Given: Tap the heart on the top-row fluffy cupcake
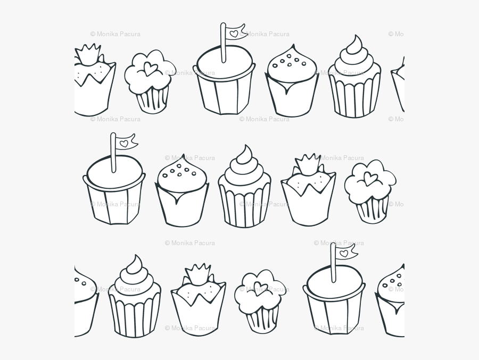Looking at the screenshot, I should [x=151, y=69].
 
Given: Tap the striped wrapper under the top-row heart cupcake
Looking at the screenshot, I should [x=152, y=98].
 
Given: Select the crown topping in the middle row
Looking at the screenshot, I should [x=307, y=165].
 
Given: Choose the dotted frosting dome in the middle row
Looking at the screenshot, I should [x=181, y=173].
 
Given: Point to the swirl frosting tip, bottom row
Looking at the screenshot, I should [x=135, y=263].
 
